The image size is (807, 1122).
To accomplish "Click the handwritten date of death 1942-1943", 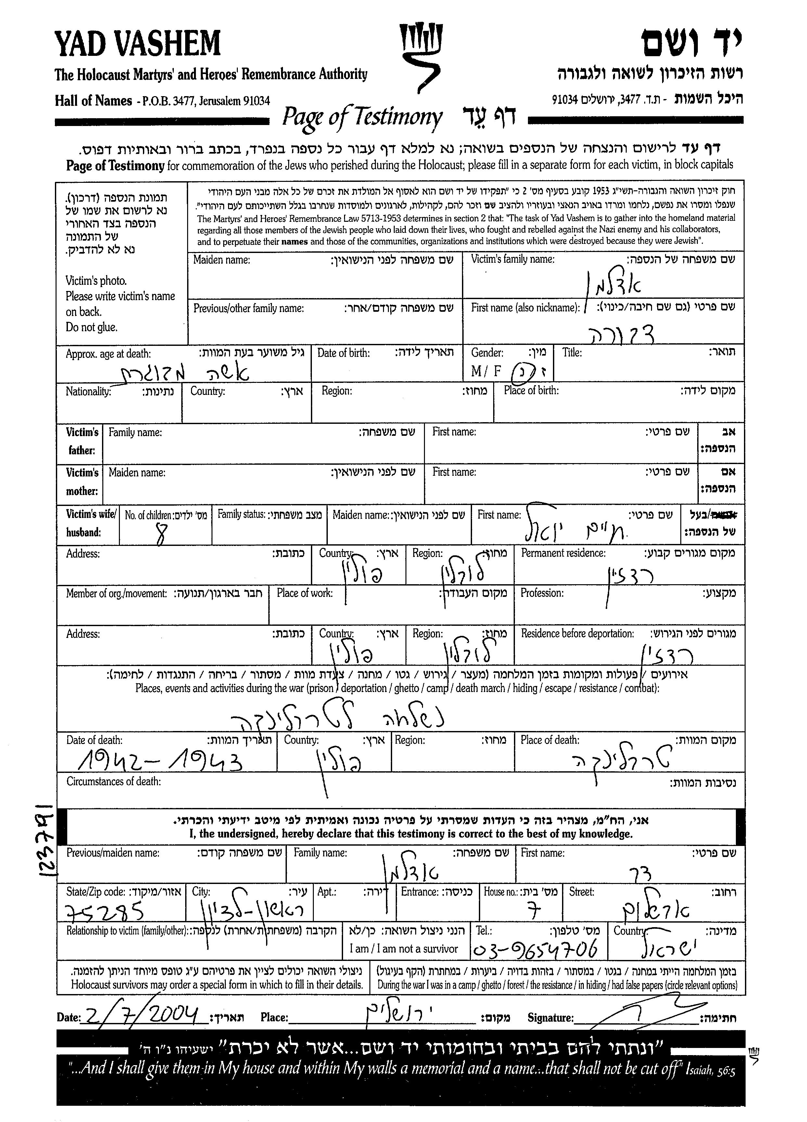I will coord(159,763).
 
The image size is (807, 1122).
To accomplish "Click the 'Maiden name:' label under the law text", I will coord(221,260).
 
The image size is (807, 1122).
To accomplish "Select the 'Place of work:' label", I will coord(304,593).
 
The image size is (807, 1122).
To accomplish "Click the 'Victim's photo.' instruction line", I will coord(96,281).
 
